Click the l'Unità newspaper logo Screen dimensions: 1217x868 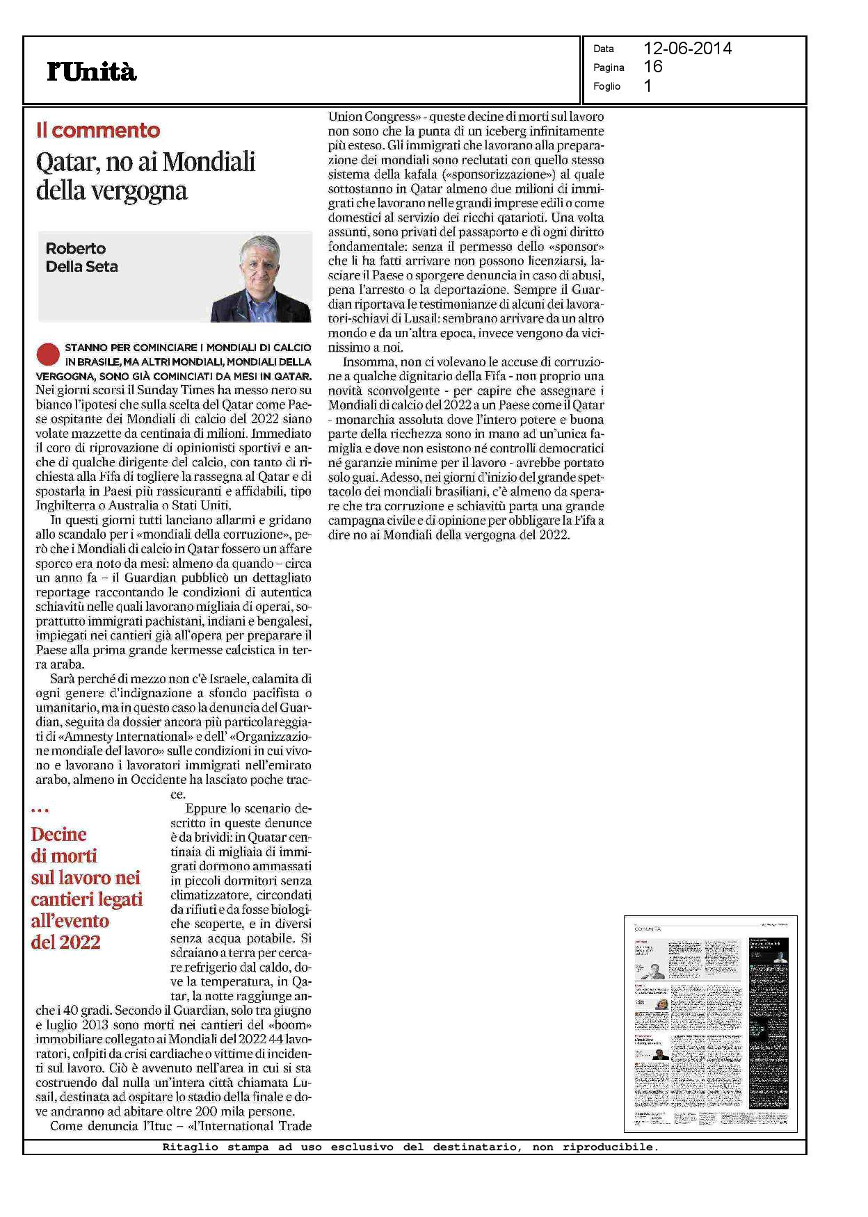(x=92, y=72)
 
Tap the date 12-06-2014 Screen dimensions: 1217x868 (x=687, y=48)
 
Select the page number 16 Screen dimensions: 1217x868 (x=653, y=67)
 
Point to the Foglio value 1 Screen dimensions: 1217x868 (x=648, y=86)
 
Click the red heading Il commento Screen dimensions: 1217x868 (x=98, y=130)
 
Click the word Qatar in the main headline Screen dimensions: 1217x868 (x=65, y=163)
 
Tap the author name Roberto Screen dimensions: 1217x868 (x=76, y=248)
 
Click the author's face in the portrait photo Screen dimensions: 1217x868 (x=260, y=262)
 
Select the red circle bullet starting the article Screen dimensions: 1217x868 (x=47, y=354)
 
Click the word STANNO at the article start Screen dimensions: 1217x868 (x=85, y=347)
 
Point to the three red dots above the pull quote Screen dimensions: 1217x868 (x=40, y=810)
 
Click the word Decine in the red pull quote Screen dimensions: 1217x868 (x=59, y=835)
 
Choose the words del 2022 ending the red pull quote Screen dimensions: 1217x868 (x=66, y=943)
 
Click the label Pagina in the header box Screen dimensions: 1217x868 (x=609, y=67)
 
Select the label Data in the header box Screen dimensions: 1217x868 (x=603, y=49)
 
